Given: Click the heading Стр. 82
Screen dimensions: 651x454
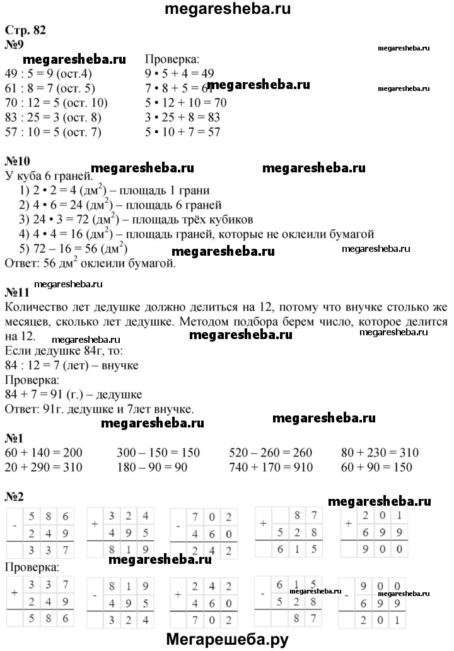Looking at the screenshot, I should point(25,30).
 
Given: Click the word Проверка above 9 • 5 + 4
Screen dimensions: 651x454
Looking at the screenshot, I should point(172,60).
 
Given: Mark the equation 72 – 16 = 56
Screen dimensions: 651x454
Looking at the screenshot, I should point(73,249).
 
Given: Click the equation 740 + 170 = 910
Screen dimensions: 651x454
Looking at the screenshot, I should point(272,468).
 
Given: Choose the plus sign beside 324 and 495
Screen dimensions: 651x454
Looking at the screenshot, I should point(94,524).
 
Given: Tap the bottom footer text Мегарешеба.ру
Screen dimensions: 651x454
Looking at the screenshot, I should point(227,640).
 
